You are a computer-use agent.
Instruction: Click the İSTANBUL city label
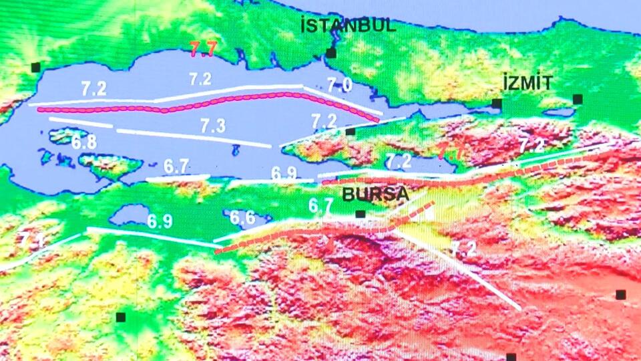pos(348,27)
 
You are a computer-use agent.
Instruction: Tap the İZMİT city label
pos(527,84)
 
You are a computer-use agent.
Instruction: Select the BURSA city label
pos(375,195)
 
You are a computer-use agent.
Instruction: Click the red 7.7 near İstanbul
pos(203,48)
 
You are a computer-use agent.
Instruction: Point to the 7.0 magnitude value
pos(339,84)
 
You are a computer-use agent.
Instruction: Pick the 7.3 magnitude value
pos(212,126)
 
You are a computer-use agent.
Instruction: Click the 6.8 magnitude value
pos(84,142)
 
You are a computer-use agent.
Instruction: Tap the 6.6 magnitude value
pos(242,217)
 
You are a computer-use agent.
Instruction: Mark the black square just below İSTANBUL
pos(331,53)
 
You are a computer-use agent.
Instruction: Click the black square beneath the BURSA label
pos(360,215)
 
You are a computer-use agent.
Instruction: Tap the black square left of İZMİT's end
pos(497,104)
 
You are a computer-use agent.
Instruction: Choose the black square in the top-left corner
pos(35,67)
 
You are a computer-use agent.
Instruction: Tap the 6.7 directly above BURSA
pos(320,206)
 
